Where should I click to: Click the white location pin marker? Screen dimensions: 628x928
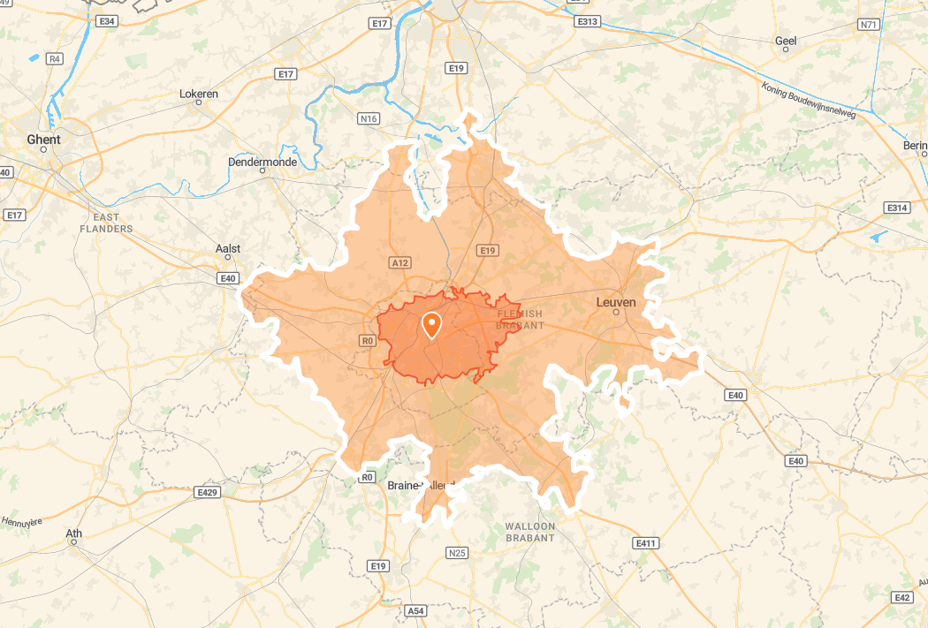[x=431, y=324]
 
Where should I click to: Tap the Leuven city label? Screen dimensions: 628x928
[x=616, y=303]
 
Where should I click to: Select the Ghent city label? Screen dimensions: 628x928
[x=44, y=140]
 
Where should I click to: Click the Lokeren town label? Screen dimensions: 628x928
[x=199, y=94]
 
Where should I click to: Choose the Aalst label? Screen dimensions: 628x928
[x=228, y=249]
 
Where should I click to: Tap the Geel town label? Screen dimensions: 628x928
[x=786, y=41]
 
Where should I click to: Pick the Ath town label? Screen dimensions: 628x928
[x=74, y=533]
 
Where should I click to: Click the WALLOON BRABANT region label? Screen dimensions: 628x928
[x=530, y=532]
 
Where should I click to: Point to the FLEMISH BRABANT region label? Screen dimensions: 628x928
[x=521, y=320]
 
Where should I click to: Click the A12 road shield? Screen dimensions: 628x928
[x=400, y=262]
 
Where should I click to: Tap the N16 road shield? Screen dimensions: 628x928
[x=369, y=118]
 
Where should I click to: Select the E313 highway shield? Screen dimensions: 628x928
[x=587, y=20]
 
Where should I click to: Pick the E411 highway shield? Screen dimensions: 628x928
[x=646, y=542]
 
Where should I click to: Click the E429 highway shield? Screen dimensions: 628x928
[x=208, y=492]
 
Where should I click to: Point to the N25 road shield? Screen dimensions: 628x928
[x=457, y=553]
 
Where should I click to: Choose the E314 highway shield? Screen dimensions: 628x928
[x=897, y=208]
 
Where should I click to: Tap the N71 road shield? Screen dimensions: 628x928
[x=869, y=25]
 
